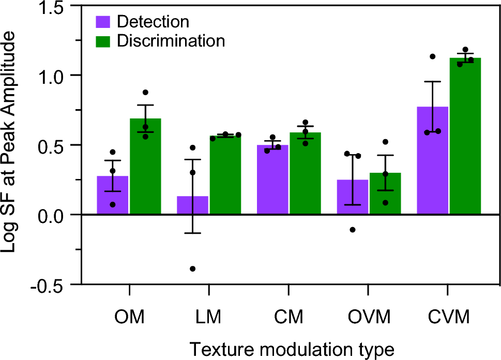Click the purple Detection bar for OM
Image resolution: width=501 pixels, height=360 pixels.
click(x=113, y=195)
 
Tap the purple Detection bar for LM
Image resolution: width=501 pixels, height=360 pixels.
click(x=192, y=205)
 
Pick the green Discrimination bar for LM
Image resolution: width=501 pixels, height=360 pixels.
click(x=225, y=175)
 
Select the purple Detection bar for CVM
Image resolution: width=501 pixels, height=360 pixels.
click(x=432, y=160)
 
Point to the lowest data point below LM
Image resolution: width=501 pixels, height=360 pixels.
click(x=193, y=268)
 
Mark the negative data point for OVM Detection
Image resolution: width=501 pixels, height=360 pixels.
click(x=353, y=230)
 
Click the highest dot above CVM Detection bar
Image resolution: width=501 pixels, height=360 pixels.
click(x=432, y=56)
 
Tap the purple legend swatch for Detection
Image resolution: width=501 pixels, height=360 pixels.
click(x=104, y=22)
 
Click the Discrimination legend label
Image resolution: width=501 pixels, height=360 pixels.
click(x=171, y=40)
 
